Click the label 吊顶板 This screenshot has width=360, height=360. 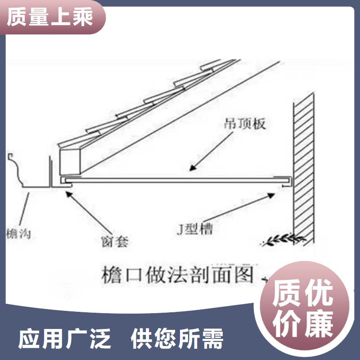[245, 124]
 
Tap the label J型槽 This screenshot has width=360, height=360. [195, 229]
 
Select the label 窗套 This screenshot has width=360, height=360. [115, 241]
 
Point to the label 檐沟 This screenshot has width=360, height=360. [18, 234]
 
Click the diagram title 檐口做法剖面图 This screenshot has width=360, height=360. [177, 274]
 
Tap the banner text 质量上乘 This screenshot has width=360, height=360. [50, 17]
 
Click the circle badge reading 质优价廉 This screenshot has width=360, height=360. [303, 310]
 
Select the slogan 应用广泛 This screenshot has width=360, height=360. [64, 338]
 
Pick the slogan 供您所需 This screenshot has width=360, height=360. [177, 338]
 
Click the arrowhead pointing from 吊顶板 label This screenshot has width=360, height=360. [193, 167]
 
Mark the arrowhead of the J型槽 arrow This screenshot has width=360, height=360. [271, 196]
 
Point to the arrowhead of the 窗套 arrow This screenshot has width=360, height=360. [69, 194]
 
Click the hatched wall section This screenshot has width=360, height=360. [303, 169]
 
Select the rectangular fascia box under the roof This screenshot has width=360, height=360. [70, 162]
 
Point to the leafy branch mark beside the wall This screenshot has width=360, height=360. [283, 239]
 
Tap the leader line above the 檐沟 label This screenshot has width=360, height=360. [24, 209]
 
